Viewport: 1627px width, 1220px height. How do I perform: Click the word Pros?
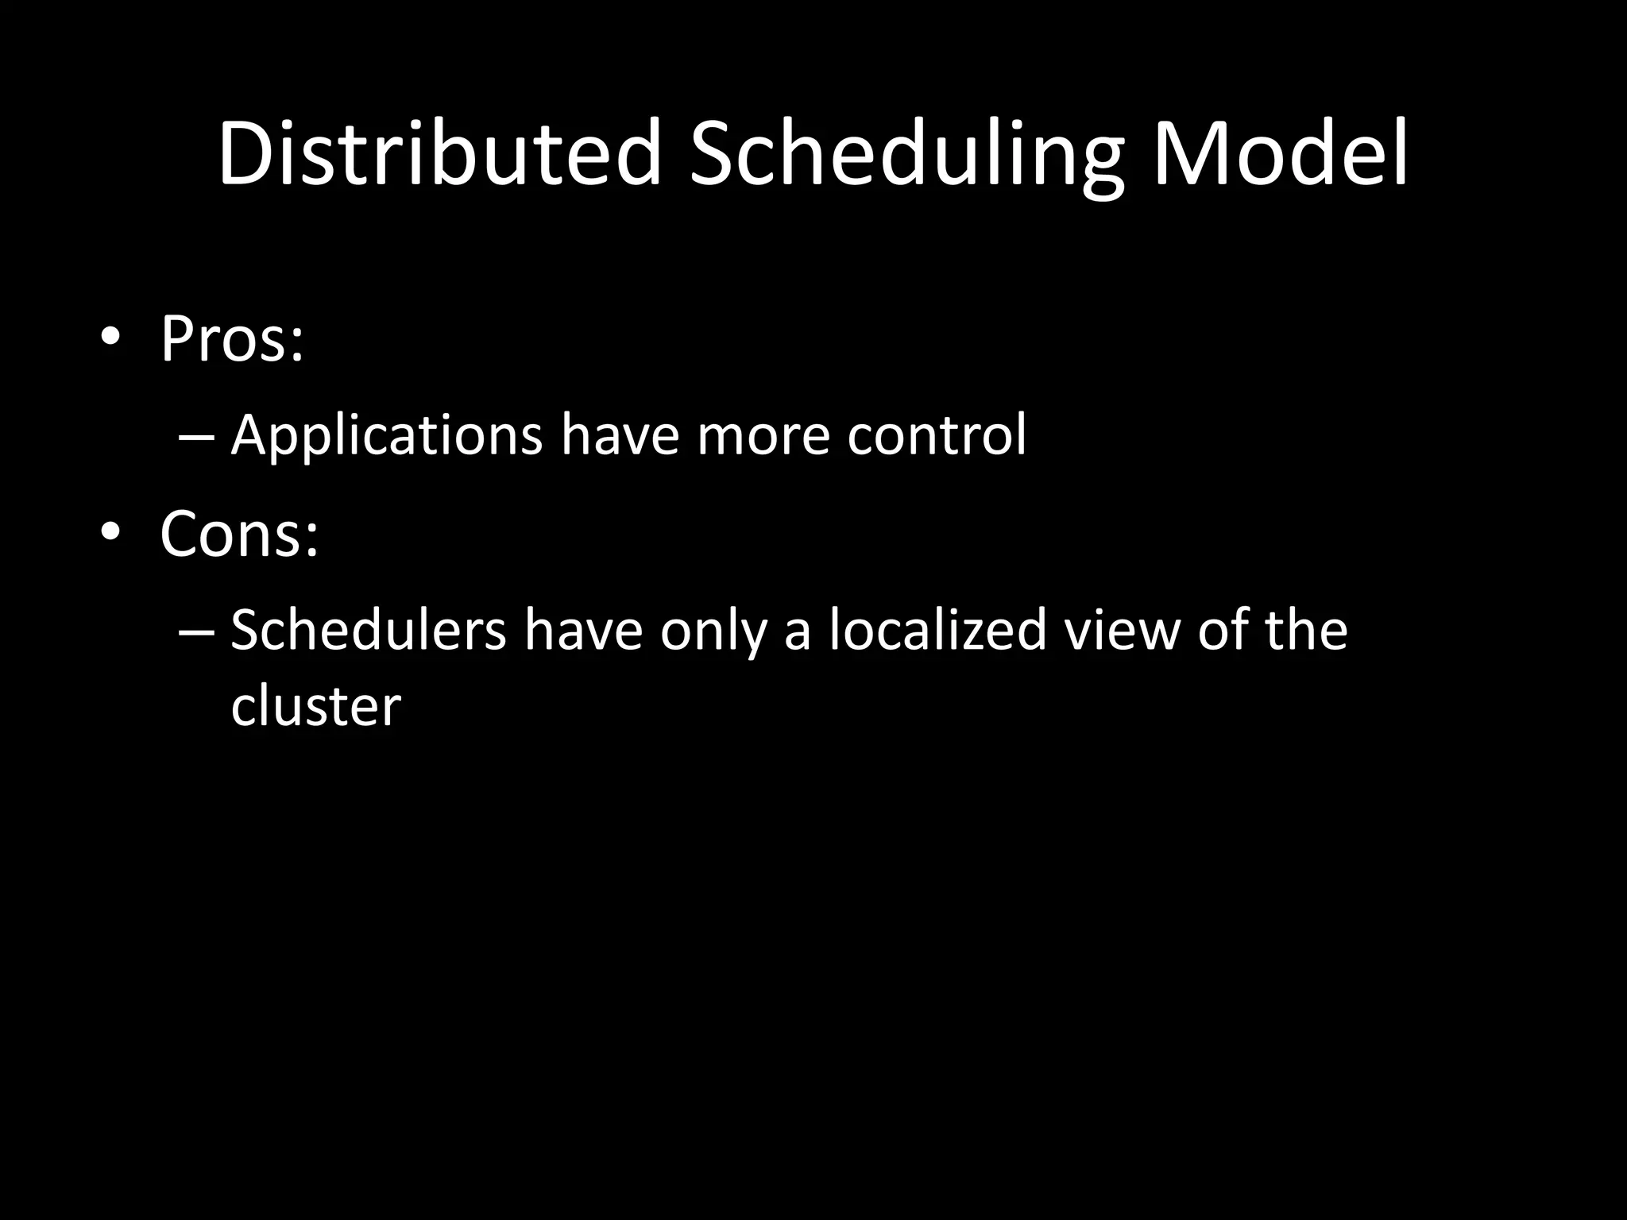pyautogui.click(x=223, y=339)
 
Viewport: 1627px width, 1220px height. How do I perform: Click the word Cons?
pyautogui.click(x=230, y=534)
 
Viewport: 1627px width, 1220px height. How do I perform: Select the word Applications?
pyautogui.click(x=386, y=436)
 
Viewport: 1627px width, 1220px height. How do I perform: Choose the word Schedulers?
pyautogui.click(x=368, y=631)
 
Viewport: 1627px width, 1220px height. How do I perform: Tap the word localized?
pyautogui.click(x=938, y=629)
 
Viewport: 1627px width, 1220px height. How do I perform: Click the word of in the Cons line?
pyautogui.click(x=1224, y=629)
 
